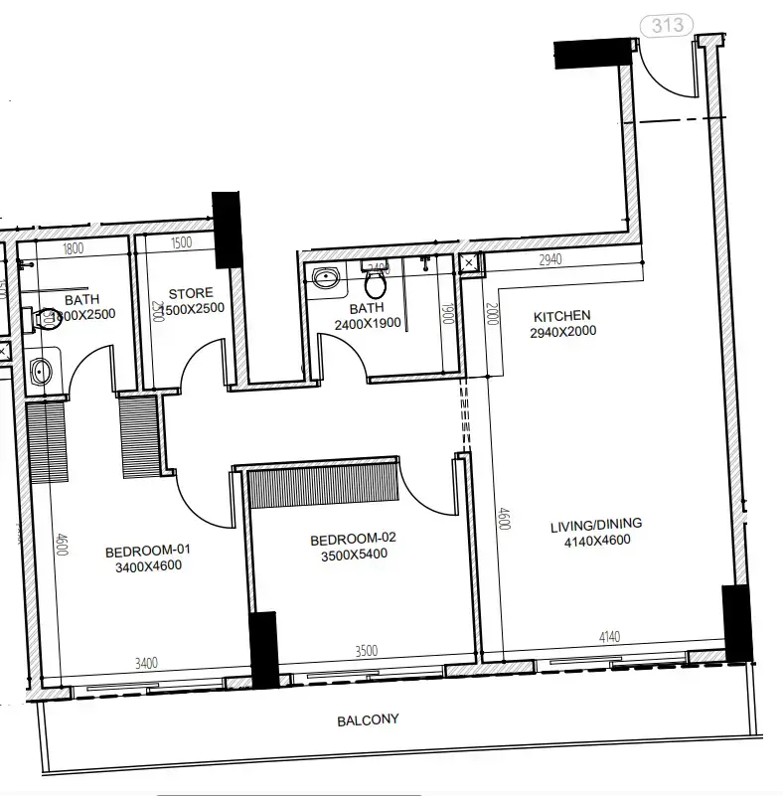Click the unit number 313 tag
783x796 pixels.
pyautogui.click(x=667, y=25)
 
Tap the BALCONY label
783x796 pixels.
pyautogui.click(x=367, y=719)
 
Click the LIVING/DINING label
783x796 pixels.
pyautogui.click(x=596, y=524)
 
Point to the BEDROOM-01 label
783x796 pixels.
pyautogui.click(x=147, y=551)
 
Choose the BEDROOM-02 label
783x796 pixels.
pyautogui.click(x=353, y=539)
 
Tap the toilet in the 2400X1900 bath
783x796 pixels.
pyautogui.click(x=375, y=284)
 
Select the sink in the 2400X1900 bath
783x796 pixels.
pyautogui.click(x=325, y=277)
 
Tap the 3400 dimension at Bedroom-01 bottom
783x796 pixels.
pyautogui.click(x=146, y=663)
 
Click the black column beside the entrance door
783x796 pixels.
pyautogui.click(x=592, y=53)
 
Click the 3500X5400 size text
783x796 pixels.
pyautogui.click(x=353, y=555)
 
